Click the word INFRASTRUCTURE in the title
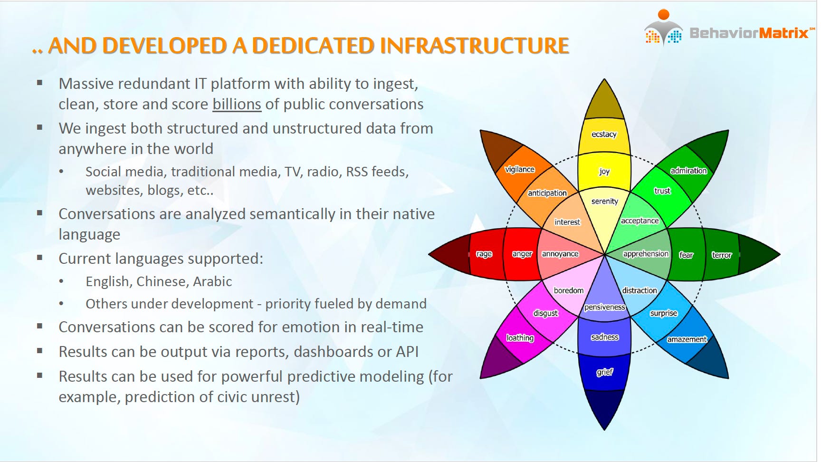pos(474,46)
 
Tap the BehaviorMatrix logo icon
pos(663,28)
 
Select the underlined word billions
pos(237,104)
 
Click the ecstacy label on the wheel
pos(604,135)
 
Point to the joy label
pos(604,172)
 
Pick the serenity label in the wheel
pos(604,201)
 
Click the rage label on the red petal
pos(484,254)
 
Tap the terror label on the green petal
pos(722,255)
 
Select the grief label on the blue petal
pos(604,372)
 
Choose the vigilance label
pos(519,170)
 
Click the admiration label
pos(688,171)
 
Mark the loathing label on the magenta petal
pos(520,338)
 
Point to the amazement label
pos(687,339)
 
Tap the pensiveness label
pos(604,307)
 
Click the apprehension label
pos(646,254)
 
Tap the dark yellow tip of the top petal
pos(604,99)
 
